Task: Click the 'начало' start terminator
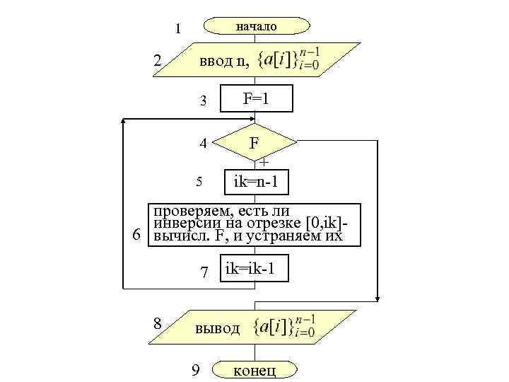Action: coord(256,26)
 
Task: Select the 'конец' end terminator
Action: coord(256,370)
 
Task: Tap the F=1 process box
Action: coord(255,100)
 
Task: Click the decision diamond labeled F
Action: coord(253,144)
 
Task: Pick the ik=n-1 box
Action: coord(255,183)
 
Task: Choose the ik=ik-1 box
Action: coord(254,268)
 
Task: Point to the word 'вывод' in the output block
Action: coord(218,328)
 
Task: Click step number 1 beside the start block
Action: coord(178,29)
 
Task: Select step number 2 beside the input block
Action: coord(158,62)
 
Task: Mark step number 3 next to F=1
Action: coord(203,101)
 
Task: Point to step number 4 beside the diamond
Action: coord(203,144)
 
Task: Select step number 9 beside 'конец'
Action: coord(196,370)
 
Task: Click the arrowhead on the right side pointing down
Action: coord(379,296)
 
